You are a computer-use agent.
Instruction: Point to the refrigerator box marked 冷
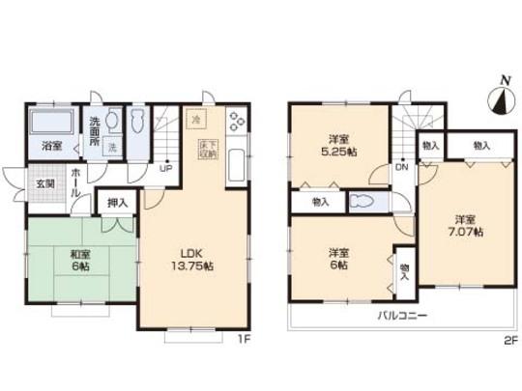tap(195, 122)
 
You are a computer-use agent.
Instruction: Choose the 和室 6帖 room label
tap(80, 263)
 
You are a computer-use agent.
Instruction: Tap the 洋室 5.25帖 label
tap(339, 145)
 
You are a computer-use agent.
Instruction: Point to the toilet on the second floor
tap(364, 202)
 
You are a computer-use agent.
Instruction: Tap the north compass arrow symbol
tap(499, 98)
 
